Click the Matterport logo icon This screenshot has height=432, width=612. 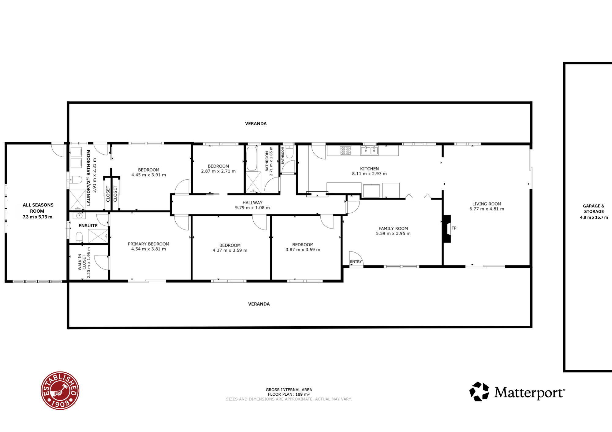479,391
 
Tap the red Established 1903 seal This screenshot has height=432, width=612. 60,391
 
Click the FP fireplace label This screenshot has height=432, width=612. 454,228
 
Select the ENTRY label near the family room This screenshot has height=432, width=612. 356,262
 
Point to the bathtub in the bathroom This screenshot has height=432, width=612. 252,159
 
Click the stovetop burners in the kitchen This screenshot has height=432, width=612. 346,151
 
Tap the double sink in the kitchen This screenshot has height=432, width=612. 370,150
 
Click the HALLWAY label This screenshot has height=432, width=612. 252,203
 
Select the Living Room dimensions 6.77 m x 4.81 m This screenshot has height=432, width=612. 487,209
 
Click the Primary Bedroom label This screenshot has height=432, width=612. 148,244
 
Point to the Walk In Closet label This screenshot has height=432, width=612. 82,262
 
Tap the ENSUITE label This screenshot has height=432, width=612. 88,226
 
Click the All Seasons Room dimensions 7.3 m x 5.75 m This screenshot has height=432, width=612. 38,217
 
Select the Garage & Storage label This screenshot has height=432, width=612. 594,209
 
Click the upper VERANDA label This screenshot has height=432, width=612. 256,124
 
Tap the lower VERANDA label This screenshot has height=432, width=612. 259,304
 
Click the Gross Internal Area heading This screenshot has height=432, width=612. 289,390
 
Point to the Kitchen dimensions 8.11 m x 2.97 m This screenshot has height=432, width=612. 369,174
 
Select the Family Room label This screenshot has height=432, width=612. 393,229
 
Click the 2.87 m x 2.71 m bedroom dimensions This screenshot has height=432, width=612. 218,171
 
